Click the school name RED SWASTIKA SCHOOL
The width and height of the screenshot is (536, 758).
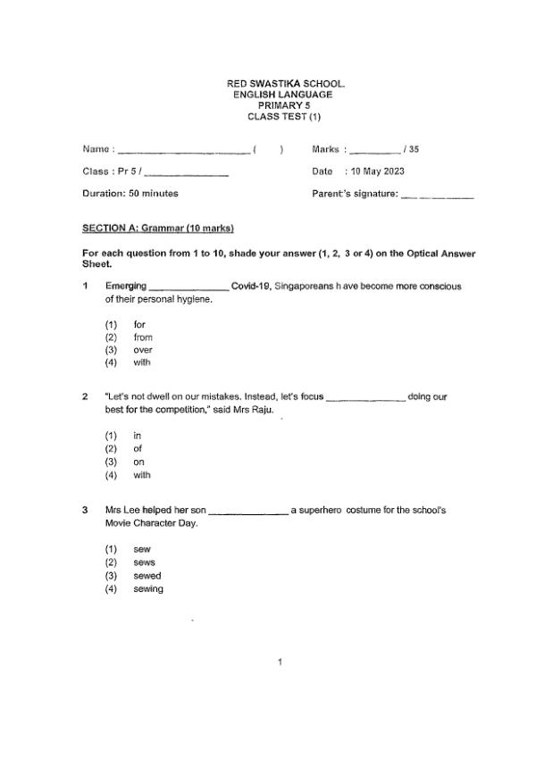point(286,84)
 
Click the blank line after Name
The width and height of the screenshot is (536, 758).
point(183,151)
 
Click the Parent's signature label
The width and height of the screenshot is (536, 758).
point(354,193)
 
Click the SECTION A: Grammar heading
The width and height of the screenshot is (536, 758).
point(157,229)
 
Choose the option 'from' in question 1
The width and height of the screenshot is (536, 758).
point(143,337)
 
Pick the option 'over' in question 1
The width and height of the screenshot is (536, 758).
point(143,350)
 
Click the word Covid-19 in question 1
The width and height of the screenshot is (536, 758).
point(250,286)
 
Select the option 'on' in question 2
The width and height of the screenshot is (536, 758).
point(138,462)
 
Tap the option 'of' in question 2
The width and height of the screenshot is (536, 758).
point(138,449)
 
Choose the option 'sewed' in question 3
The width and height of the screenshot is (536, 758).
point(147,576)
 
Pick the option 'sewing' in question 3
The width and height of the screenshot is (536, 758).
point(148,589)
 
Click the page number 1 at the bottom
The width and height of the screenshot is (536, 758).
point(281,662)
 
